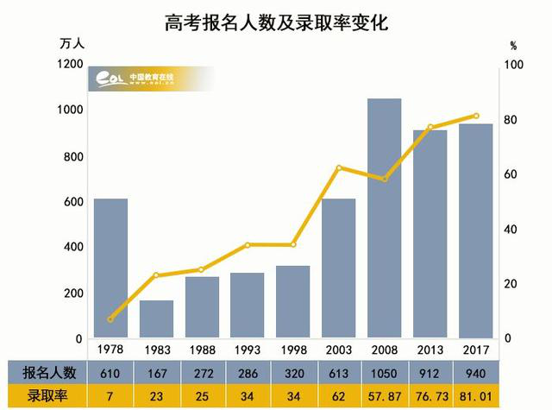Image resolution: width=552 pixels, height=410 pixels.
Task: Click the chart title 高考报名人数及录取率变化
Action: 276,23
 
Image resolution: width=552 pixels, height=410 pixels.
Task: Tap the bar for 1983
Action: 156,319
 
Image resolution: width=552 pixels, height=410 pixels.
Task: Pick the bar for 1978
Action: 110,268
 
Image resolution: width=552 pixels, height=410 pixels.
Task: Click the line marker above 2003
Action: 339,167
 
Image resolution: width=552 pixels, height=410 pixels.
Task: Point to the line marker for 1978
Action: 110,319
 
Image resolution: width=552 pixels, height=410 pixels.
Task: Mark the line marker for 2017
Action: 475,116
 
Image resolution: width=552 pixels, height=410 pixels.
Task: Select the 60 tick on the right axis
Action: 512,174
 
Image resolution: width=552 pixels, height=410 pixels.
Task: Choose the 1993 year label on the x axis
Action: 248,350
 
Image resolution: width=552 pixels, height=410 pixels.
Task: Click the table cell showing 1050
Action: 384,372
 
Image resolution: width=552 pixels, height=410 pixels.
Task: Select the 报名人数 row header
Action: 49,372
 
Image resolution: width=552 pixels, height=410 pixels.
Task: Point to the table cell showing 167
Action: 156,372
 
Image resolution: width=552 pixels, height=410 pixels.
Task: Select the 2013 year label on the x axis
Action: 430,350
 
